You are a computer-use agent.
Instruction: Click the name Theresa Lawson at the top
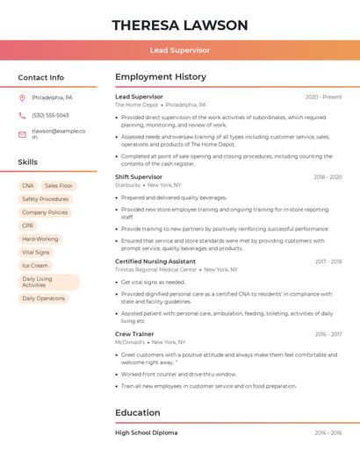point(180,25)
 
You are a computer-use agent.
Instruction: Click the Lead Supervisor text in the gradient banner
point(180,51)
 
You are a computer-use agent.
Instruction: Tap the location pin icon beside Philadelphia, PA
point(22,97)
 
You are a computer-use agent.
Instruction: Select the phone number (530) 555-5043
point(50,115)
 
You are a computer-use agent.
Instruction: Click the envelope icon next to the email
point(22,134)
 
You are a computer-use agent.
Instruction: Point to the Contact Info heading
point(40,77)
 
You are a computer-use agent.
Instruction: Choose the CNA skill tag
point(28,186)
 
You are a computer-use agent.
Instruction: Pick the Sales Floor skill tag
point(59,186)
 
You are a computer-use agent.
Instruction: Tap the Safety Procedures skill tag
point(45,199)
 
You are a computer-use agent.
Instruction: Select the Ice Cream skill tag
point(35,265)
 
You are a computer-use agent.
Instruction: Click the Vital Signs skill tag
point(36,252)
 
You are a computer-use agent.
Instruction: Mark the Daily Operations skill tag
point(44,298)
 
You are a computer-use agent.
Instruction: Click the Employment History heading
point(161,77)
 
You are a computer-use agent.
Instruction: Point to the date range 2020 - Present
point(323,97)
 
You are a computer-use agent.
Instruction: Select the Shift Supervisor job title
point(140,177)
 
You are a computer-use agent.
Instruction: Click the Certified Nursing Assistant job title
point(155,261)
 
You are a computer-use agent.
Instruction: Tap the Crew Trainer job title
point(134,333)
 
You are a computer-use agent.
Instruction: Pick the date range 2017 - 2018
point(328,261)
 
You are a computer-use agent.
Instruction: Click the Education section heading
point(138,412)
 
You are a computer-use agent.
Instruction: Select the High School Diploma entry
point(146,433)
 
